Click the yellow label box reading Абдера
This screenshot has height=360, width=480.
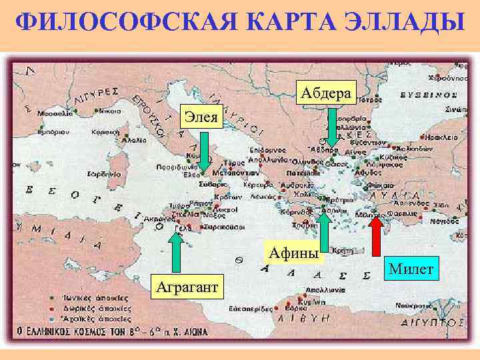point(326,93)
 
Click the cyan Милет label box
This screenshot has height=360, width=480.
point(411,269)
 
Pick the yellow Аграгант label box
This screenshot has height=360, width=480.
point(190,287)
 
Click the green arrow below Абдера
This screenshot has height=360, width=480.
point(333,126)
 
